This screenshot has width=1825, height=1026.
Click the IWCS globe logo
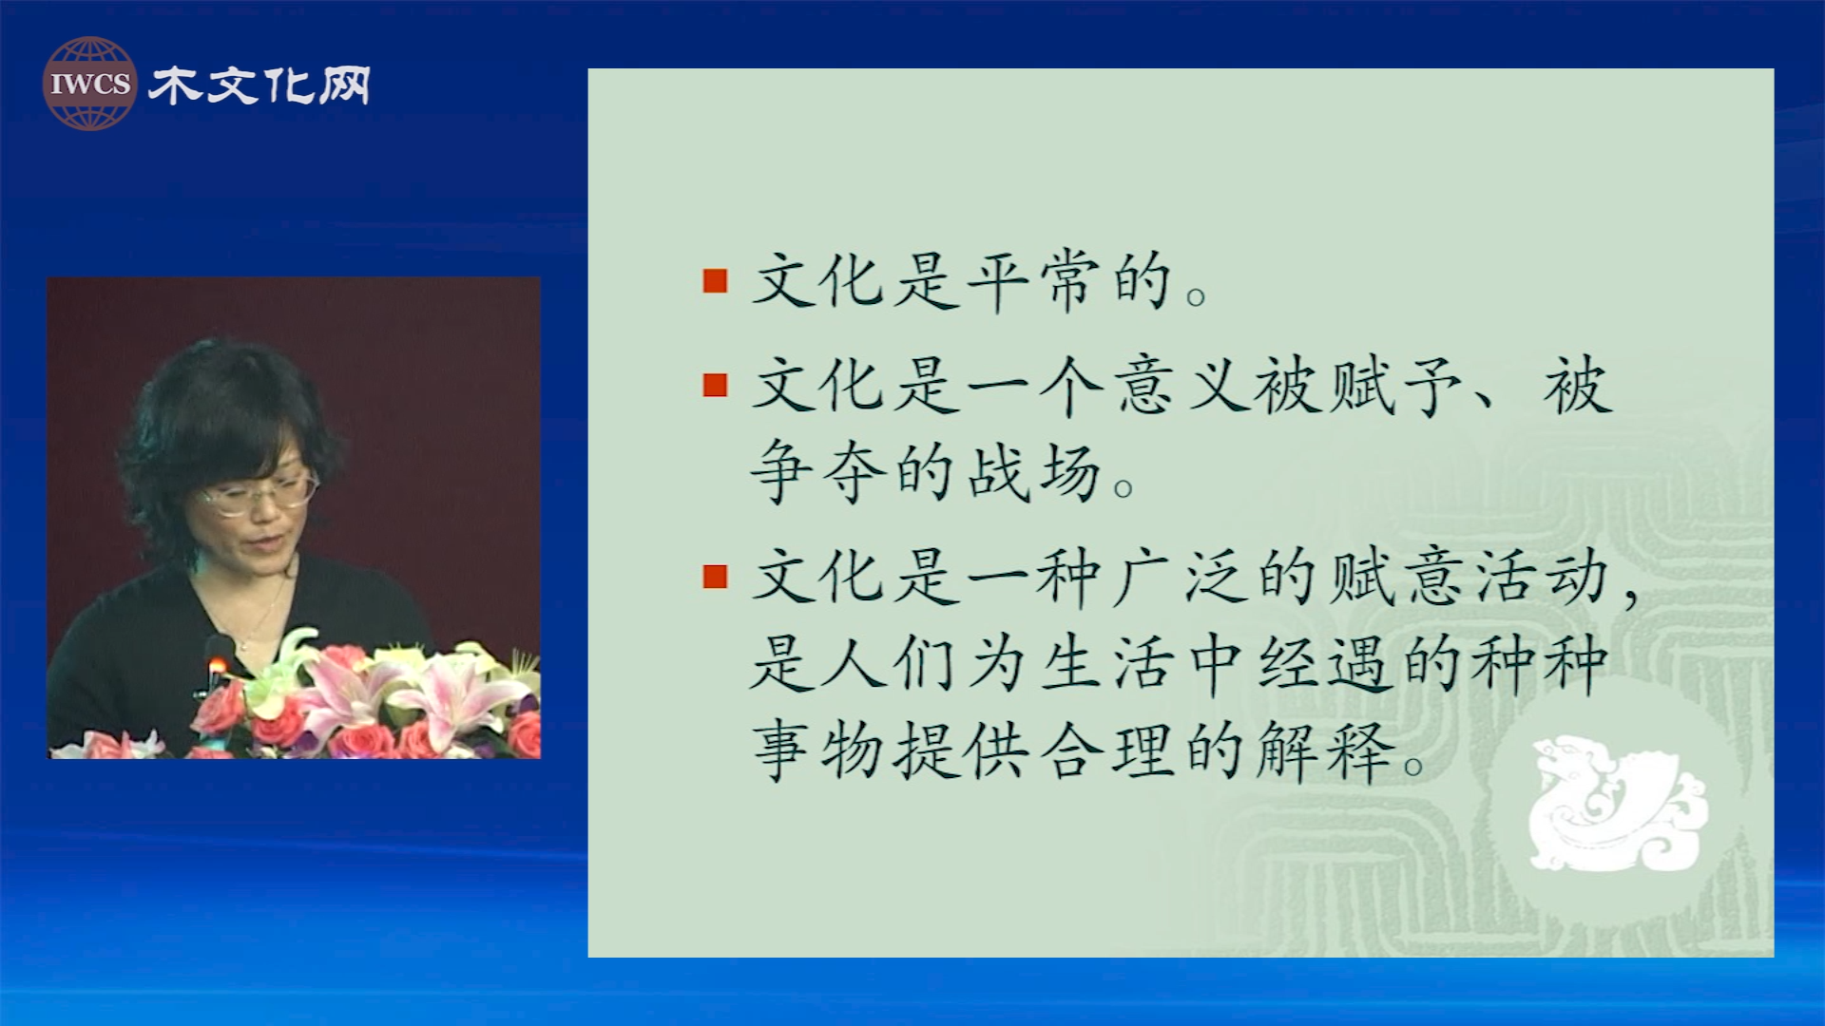pos(89,84)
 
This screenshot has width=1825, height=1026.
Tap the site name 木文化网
pos(259,85)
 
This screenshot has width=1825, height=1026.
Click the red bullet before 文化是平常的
pos(715,281)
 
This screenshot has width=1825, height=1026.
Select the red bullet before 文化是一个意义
pos(715,385)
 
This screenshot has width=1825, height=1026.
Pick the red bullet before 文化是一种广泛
pos(715,577)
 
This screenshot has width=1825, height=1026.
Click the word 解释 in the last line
pos(1325,750)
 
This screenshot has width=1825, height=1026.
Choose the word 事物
pos(818,750)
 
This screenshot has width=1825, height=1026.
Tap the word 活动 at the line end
pos(1542,577)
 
